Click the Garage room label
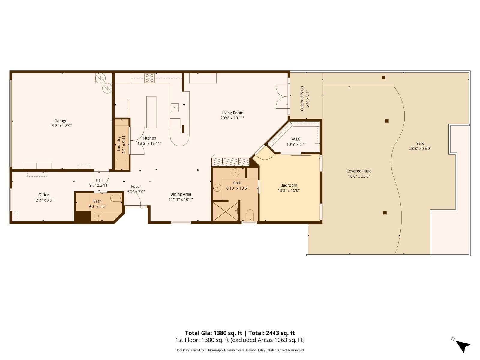61,121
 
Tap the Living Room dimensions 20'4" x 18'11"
232,118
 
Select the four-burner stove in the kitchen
149,78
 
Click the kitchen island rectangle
151,112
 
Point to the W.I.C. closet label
296,139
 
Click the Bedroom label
289,185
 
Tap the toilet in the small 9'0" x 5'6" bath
116,198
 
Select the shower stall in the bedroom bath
226,211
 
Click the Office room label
43,195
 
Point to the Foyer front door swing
133,198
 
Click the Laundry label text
119,144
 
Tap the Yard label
420,143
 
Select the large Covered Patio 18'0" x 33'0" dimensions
359,176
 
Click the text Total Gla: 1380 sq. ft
213,333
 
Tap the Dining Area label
180,194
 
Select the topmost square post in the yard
383,78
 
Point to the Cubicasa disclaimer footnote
240,350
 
